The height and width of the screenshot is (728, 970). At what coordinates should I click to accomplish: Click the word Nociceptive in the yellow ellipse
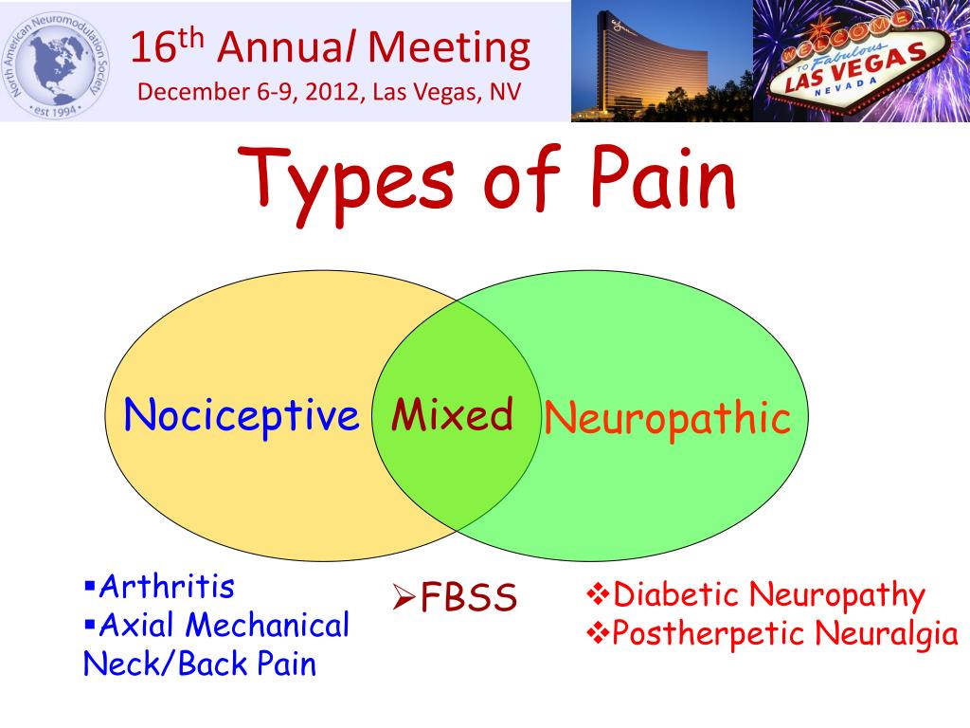(x=242, y=415)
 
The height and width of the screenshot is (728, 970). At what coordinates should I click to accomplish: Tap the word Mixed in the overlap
(x=453, y=415)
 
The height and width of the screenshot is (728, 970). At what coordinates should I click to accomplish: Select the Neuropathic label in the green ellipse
(x=666, y=418)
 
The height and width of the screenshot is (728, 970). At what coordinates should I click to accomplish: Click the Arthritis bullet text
(x=167, y=587)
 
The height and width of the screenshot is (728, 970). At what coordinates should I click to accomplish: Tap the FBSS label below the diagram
(x=469, y=598)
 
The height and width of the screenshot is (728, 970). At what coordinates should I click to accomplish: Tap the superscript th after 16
(x=193, y=36)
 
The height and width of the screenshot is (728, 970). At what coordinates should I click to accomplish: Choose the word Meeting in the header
(x=450, y=48)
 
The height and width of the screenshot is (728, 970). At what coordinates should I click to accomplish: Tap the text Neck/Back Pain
(x=199, y=664)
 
